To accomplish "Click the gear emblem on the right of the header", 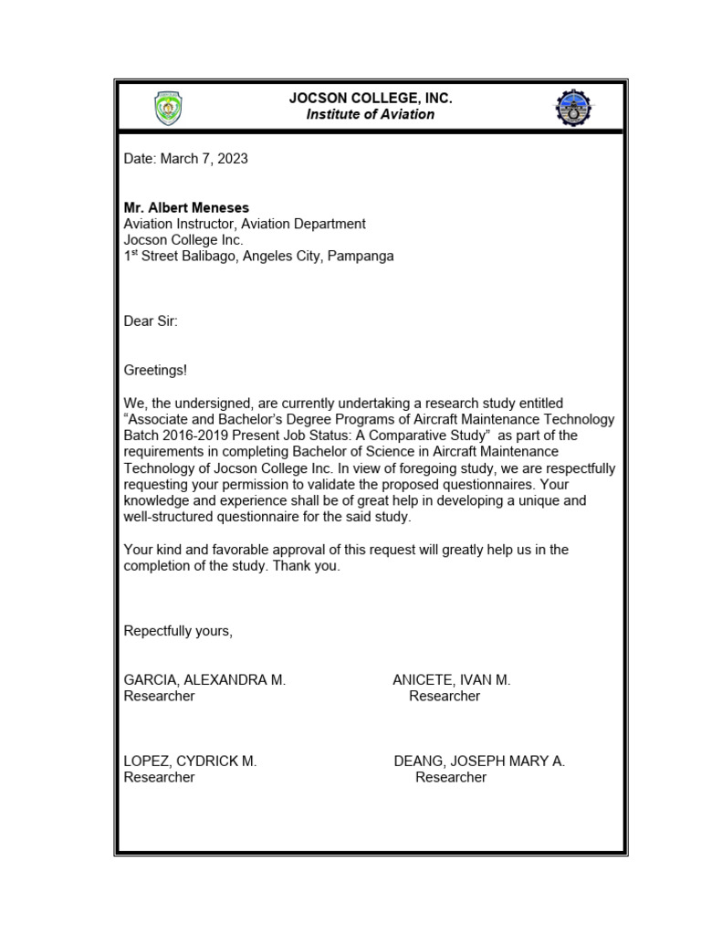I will (572, 109).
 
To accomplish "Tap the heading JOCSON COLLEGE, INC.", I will (370, 99).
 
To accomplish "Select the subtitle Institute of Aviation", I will (370, 115).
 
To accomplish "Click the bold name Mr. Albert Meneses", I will (186, 208).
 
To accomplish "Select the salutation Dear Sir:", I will (151, 321).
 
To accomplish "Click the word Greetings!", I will (155, 370).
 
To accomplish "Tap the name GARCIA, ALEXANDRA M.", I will (204, 680).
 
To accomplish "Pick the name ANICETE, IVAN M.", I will (451, 680).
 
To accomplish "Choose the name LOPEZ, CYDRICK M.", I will (190, 762).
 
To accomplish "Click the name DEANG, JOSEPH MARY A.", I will (479, 762).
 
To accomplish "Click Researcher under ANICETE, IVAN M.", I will (445, 697).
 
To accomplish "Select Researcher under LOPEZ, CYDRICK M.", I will (159, 778).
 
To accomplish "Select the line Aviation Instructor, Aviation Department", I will (245, 224).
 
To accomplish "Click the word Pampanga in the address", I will (362, 257).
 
